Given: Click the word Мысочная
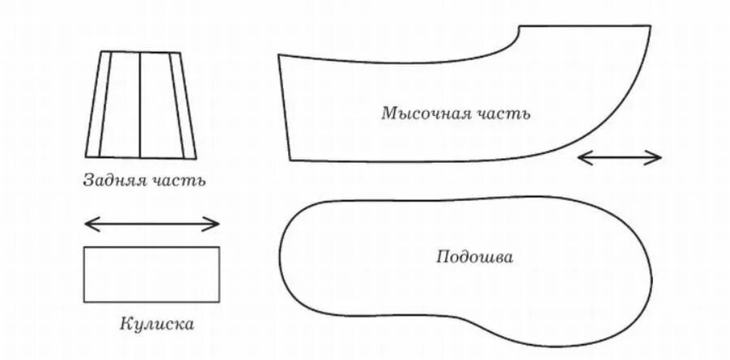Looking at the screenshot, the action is click(420, 113).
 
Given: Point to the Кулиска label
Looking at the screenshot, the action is click(156, 324).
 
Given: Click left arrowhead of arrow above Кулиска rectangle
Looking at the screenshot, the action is click(88, 223).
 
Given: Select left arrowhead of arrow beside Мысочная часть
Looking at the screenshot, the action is click(581, 158).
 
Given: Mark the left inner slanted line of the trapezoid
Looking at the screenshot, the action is click(105, 104).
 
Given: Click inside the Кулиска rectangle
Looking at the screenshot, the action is click(152, 274).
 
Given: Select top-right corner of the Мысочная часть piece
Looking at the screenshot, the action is click(650, 26).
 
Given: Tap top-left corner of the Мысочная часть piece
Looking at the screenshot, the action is click(279, 56).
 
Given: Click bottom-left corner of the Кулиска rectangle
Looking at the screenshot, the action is click(84, 302).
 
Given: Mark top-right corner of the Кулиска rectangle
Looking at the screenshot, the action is click(219, 247).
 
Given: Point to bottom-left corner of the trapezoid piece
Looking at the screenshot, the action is click(86, 156).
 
